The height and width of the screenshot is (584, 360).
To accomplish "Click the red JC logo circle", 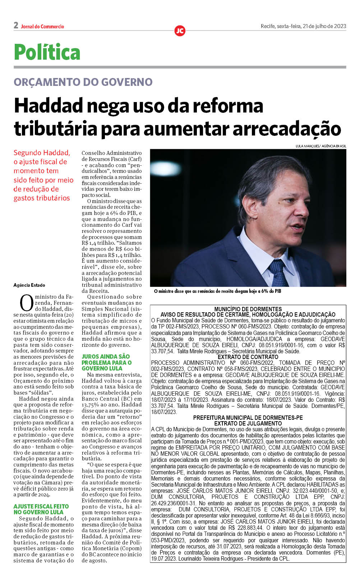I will (180, 31).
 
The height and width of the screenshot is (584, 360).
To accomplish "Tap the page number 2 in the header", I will (16, 25).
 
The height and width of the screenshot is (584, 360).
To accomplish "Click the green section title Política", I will (47, 52).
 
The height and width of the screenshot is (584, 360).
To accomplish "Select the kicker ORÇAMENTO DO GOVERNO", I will (83, 82).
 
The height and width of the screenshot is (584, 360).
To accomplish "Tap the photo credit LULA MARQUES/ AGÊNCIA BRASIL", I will (320, 146).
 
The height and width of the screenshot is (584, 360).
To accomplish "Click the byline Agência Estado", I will (29, 285).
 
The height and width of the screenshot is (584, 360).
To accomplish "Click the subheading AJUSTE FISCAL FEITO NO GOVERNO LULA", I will (41, 509).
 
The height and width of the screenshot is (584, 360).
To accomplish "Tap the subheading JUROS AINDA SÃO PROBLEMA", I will (106, 362).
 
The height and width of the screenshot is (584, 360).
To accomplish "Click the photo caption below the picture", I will (217, 291).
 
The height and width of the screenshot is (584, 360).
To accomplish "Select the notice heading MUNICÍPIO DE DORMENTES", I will (248, 309).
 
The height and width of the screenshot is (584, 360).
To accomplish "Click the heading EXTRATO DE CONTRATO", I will (248, 357).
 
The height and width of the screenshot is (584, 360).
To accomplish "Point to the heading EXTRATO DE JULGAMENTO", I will (248, 423).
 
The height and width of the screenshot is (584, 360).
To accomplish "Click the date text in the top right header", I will (303, 26).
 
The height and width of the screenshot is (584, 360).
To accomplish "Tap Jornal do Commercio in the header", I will (42, 27).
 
